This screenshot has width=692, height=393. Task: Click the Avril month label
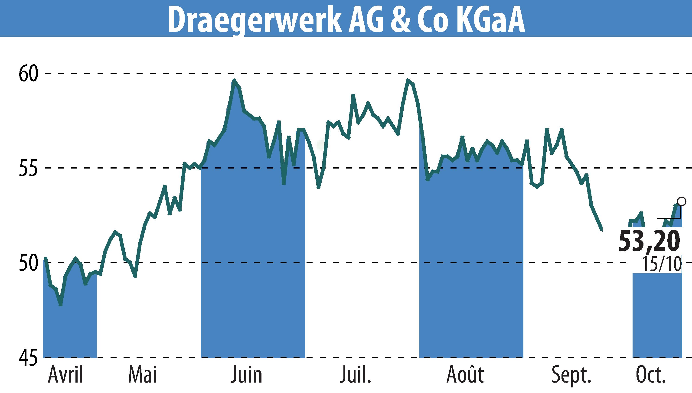[x=66, y=375]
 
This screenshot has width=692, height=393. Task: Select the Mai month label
[x=143, y=375]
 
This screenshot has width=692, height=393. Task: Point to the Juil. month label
[x=355, y=375]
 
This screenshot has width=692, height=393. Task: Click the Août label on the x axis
[x=465, y=375]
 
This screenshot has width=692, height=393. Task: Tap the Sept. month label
[x=571, y=375]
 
